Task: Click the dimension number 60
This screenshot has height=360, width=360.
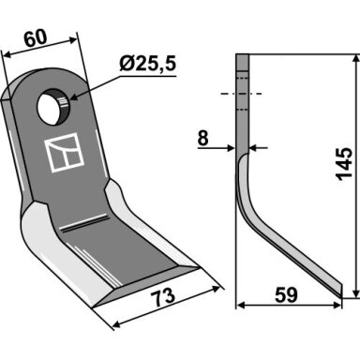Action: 36,38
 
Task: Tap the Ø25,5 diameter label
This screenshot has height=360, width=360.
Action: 148,64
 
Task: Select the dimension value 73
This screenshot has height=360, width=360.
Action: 164,296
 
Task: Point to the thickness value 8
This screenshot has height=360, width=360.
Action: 202,139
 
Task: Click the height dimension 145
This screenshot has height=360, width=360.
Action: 344,164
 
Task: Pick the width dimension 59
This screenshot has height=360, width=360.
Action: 287,295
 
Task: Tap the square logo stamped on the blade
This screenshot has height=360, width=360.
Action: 65,152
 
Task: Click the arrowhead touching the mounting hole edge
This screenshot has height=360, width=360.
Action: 74,97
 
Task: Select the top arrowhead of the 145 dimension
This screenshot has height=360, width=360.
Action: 355,59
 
